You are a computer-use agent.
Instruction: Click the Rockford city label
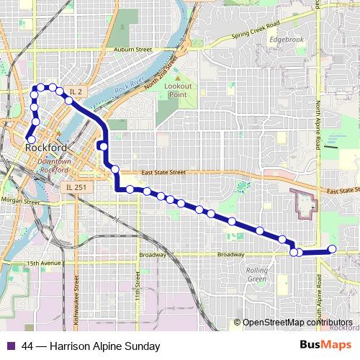46,148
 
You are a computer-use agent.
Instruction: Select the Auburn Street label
133,50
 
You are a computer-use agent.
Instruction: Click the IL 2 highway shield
76,91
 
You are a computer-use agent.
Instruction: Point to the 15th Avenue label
44,264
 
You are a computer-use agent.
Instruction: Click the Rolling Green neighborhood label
257,274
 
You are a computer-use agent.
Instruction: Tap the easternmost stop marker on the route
333,249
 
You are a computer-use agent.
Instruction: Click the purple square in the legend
11,346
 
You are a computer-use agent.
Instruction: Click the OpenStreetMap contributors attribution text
297,322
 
